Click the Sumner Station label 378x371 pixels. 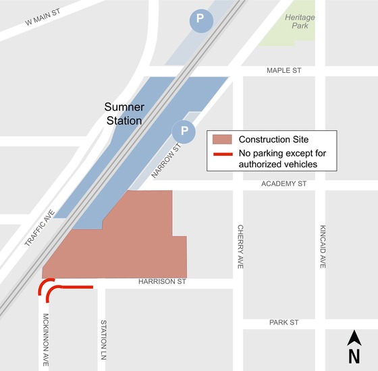124,114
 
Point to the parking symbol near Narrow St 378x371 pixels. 183,130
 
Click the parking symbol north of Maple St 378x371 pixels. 200,20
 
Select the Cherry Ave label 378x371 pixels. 240,247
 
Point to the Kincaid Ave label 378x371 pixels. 323,247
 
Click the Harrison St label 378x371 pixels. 161,281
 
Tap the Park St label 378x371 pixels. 284,323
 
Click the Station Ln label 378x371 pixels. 103,339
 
